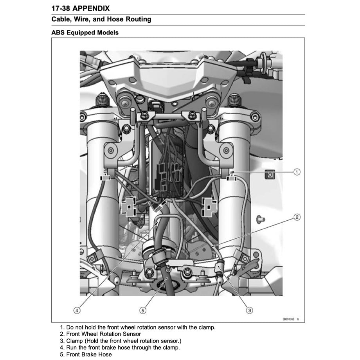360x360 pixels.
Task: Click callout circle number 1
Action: tap(297, 172)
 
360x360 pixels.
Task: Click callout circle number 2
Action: tap(297, 217)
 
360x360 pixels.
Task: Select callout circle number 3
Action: tap(249, 310)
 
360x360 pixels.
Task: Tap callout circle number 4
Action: tap(77, 310)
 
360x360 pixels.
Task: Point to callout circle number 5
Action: tap(143, 310)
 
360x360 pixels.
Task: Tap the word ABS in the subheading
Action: tap(58, 32)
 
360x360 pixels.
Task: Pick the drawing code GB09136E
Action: tap(289, 319)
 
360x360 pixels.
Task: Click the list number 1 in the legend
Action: tap(61, 327)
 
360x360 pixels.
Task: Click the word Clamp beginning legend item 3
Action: tap(75, 341)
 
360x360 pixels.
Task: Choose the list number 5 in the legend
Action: tap(61, 355)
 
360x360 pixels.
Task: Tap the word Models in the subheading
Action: tap(108, 32)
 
